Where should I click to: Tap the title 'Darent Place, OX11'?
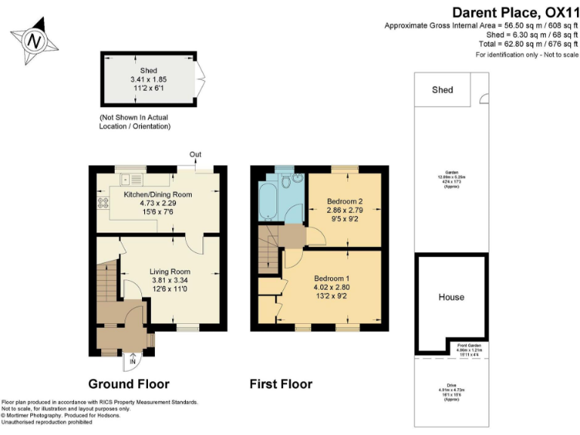pos(514,12)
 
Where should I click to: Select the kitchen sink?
pos(125,180)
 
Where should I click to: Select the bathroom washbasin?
pos(298,179)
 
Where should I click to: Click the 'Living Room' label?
pos(169,272)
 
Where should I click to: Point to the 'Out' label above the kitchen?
pos(196,155)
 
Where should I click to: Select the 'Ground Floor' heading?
pos(129,384)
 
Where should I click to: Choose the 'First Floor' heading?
pos(281,384)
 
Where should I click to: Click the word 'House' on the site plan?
pos(451,297)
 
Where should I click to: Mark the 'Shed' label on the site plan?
pos(442,90)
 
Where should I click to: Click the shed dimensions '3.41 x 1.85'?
pos(147,79)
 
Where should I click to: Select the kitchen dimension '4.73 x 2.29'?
pos(158,202)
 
